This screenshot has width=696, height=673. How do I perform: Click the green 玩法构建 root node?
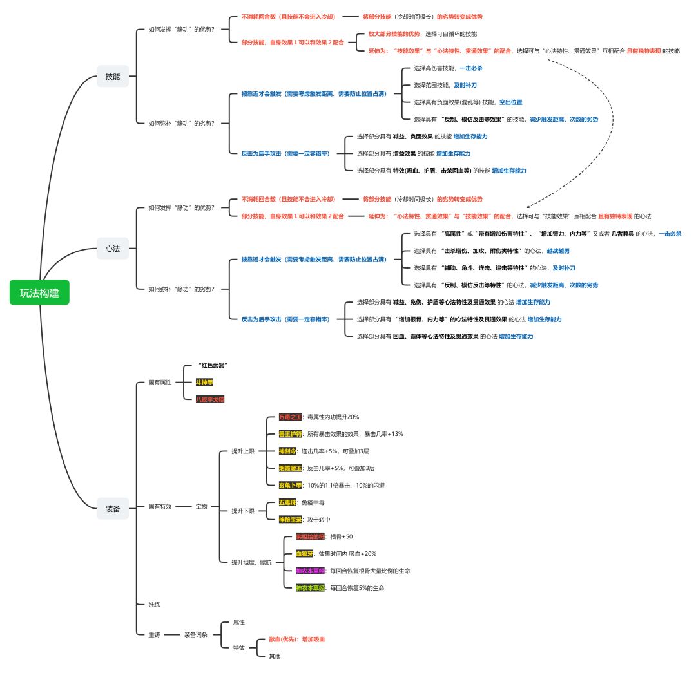click(39, 293)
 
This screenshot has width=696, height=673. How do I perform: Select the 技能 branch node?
click(113, 76)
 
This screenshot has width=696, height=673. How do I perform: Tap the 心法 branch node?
click(113, 248)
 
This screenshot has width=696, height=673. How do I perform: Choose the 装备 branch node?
click(113, 508)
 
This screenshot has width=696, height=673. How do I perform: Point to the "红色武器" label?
click(213, 365)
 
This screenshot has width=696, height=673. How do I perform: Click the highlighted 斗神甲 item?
click(204, 382)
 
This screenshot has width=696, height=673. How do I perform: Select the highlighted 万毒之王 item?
click(290, 417)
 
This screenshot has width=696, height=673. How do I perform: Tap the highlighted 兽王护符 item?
click(290, 433)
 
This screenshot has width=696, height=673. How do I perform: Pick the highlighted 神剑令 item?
click(288, 451)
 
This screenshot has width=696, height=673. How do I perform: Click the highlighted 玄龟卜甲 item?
click(290, 484)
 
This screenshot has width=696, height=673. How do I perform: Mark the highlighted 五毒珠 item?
click(288, 502)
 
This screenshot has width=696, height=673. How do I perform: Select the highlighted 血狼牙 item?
click(304, 553)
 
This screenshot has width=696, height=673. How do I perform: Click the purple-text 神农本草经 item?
click(311, 571)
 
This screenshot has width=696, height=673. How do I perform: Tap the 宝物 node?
click(202, 507)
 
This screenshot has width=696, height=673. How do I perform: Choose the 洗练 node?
click(154, 605)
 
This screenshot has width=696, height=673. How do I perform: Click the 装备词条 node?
click(196, 635)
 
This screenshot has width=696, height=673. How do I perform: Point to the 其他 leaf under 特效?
click(275, 656)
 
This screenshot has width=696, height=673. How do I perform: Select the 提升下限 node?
click(243, 511)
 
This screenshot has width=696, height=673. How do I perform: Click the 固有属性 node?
click(160, 383)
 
